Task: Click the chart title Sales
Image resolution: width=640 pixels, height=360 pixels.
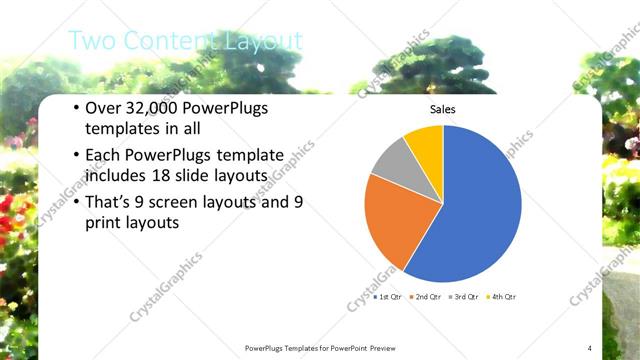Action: click(x=442, y=109)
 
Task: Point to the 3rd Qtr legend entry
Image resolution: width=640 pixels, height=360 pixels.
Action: click(x=464, y=297)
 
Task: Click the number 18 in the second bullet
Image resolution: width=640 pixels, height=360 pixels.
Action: click(x=183, y=177)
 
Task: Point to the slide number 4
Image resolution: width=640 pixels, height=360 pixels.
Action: click(x=590, y=347)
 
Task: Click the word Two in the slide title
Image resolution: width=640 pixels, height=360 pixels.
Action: click(x=92, y=41)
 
